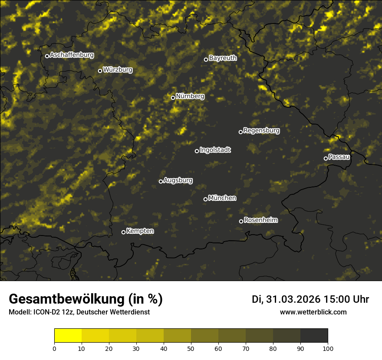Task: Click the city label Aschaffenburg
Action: click(x=72, y=55)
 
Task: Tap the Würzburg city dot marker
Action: click(x=100, y=71)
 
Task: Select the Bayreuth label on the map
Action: click(x=223, y=58)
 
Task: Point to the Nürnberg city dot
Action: click(x=173, y=98)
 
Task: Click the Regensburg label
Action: click(x=261, y=131)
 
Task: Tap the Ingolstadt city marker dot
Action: click(x=197, y=151)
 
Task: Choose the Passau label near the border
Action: click(x=339, y=157)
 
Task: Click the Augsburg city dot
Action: click(x=161, y=181)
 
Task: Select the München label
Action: click(x=222, y=198)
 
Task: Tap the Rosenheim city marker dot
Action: click(x=241, y=221)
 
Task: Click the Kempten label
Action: click(x=140, y=231)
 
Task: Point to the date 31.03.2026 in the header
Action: click(x=293, y=299)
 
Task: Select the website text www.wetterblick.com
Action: click(x=313, y=312)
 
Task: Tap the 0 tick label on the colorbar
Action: click(x=54, y=348)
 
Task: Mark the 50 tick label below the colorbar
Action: click(x=191, y=348)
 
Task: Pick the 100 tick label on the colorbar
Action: click(x=328, y=348)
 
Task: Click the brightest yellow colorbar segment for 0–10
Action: click(x=68, y=336)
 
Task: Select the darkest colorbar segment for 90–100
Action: click(x=314, y=336)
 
